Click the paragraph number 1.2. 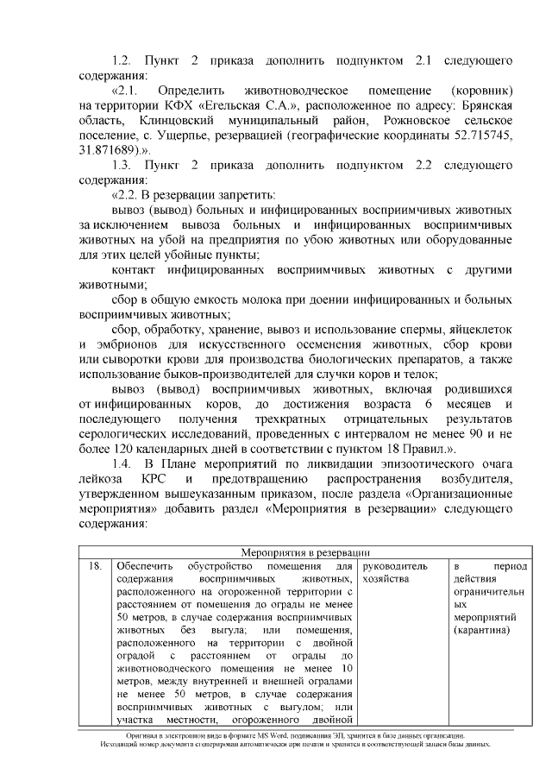pos(122,60)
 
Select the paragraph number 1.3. pos(122,164)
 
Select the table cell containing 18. pos(95,566)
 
